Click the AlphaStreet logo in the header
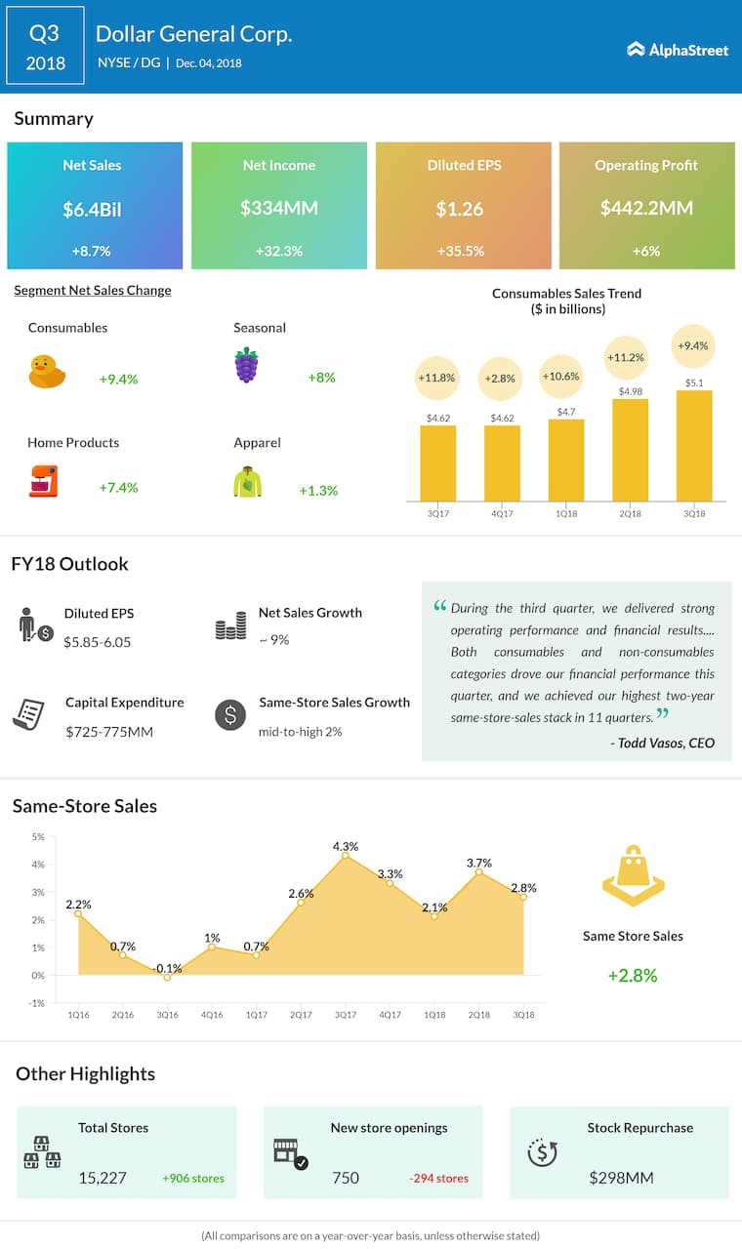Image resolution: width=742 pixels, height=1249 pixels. click(678, 49)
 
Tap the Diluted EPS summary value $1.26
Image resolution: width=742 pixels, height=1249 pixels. click(464, 208)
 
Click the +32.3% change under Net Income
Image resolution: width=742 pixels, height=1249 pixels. click(278, 251)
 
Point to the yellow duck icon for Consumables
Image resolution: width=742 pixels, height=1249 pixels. click(47, 372)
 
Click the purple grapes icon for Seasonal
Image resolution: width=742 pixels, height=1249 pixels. click(246, 365)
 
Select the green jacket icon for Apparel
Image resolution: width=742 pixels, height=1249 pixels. click(247, 482)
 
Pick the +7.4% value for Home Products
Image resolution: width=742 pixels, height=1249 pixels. click(118, 488)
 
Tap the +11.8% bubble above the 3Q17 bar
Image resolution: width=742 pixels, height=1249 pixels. click(436, 378)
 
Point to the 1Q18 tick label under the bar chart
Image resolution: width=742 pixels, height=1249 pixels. click(565, 513)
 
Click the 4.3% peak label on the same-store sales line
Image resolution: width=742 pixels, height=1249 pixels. click(346, 846)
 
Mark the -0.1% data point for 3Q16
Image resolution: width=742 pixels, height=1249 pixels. click(167, 977)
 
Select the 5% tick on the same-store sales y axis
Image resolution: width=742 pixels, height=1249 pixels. click(38, 837)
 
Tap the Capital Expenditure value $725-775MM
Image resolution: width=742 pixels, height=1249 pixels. click(109, 731)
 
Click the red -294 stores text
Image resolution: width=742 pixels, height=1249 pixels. click(438, 1178)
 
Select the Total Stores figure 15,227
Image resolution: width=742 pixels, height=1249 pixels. click(103, 1178)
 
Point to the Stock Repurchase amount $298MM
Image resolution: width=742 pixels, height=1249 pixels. click(621, 1178)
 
